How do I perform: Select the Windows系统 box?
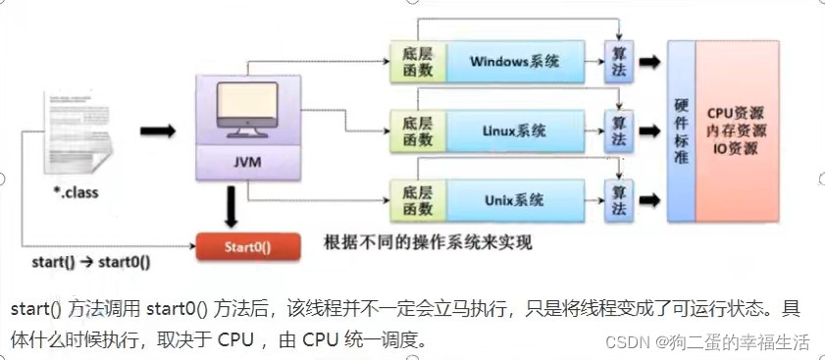pos(515,61)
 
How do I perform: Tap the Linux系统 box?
pos(515,130)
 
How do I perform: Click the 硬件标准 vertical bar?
pos(680,130)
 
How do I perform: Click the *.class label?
pos(76,193)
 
